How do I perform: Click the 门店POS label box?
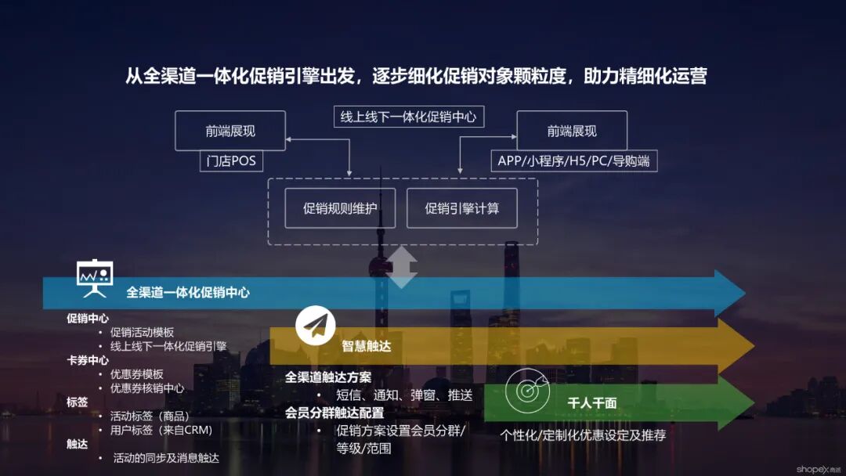point(231,161)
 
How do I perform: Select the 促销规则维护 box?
point(340,208)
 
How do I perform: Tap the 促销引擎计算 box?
point(461,208)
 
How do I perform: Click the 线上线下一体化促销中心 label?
point(408,117)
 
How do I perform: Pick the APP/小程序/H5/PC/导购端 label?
point(573,161)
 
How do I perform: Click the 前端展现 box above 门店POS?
point(230,131)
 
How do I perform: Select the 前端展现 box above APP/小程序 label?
point(572,131)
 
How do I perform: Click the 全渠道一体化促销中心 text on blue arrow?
point(188,293)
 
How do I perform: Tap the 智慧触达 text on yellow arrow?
point(367,346)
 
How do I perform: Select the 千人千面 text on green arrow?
point(592,403)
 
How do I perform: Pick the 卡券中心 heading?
point(87,360)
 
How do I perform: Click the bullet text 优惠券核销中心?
point(147,388)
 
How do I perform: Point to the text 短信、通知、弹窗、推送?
point(404,395)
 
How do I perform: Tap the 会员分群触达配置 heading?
point(334,413)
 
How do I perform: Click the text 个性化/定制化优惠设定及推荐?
point(583,435)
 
